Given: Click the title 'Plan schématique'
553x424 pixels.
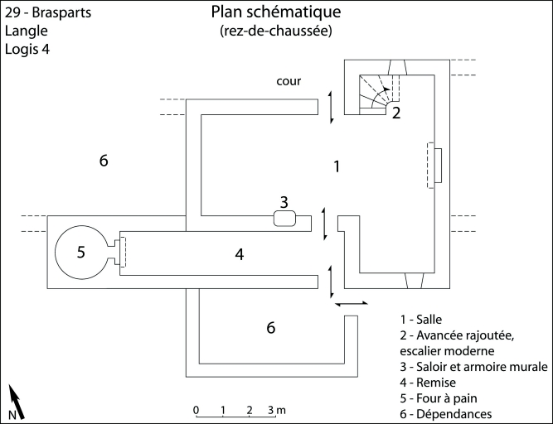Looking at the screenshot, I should tap(275, 13).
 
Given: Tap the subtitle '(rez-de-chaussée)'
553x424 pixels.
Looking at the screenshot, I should tap(276, 31).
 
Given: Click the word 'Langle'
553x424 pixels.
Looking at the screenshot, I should tap(27, 31).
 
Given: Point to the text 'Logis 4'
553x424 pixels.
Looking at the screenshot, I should tap(29, 49).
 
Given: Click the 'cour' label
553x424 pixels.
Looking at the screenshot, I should tap(289, 81).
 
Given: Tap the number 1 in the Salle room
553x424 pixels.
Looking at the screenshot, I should tap(337, 166).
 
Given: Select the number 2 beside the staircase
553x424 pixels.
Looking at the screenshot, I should tap(396, 113).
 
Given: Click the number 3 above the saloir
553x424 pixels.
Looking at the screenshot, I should tap(284, 201).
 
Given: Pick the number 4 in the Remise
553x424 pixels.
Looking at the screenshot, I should tap(239, 255).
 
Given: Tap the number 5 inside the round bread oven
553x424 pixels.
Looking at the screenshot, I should tap(81, 253).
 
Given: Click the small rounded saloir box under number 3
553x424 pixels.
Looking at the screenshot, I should tap(284, 219).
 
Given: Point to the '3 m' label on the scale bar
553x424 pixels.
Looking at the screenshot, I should tap(276, 410).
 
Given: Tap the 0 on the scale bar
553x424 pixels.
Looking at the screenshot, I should tap(196, 410).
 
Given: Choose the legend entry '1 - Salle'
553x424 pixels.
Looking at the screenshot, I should tap(421, 319).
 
